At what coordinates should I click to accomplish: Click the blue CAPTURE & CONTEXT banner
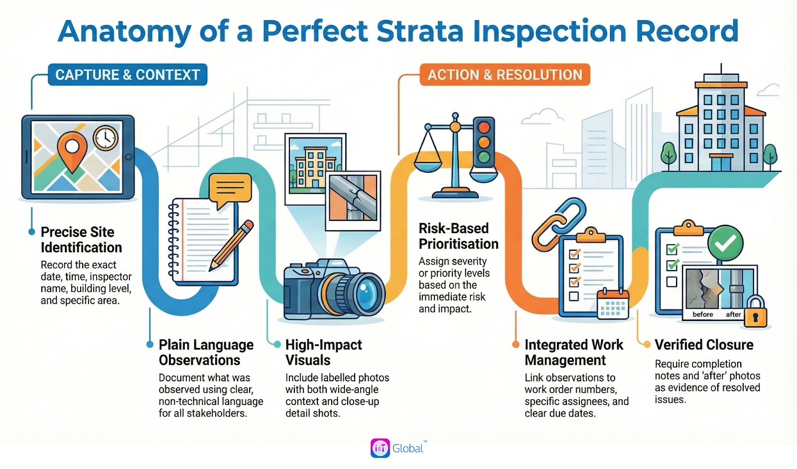(x=128, y=74)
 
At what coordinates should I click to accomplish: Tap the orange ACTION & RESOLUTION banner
(x=505, y=74)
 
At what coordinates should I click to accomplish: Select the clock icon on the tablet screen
(x=106, y=138)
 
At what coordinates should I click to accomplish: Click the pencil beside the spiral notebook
(x=231, y=245)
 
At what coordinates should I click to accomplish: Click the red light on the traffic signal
(x=484, y=127)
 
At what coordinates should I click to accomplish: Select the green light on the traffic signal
(x=484, y=156)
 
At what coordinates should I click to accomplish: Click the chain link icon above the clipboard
(x=558, y=223)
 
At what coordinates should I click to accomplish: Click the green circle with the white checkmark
(x=725, y=243)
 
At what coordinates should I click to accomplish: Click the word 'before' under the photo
(x=703, y=314)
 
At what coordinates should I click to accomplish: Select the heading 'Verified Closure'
(x=704, y=345)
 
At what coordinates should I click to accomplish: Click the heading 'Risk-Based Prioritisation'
(x=458, y=236)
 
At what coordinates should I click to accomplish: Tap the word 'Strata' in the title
(x=420, y=31)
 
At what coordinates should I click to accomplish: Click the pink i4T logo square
(x=381, y=448)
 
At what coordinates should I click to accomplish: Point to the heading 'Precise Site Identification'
(x=82, y=240)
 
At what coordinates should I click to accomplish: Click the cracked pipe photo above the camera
(x=353, y=201)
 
